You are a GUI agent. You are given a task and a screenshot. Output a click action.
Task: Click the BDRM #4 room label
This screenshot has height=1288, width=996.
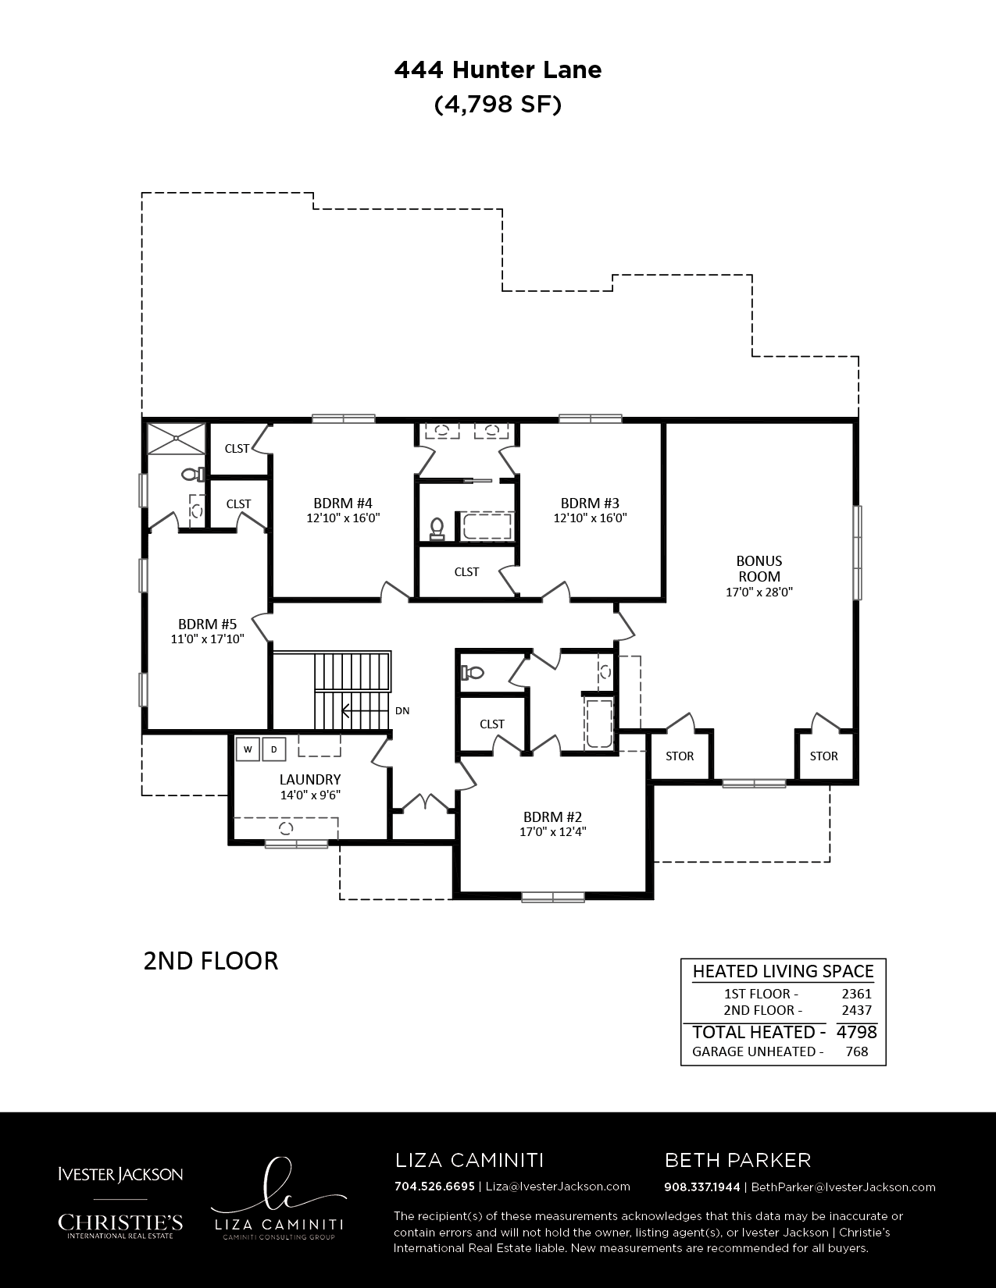[343, 503]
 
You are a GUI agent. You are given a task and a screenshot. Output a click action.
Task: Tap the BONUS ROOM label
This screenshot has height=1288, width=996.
[759, 568]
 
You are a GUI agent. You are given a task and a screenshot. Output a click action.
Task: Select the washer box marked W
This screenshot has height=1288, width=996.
[248, 749]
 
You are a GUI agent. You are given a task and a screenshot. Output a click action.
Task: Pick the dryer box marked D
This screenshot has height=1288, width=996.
[274, 749]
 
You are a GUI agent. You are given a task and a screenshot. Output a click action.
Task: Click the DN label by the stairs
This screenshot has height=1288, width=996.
[402, 710]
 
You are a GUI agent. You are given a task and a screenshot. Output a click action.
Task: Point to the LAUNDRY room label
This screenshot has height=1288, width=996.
[310, 780]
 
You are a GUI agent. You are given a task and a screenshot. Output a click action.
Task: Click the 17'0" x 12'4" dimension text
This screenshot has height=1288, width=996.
[553, 831]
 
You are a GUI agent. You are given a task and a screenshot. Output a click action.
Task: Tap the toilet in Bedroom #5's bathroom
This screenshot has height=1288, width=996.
[193, 474]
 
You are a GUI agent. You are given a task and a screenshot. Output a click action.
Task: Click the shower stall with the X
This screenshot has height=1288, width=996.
[177, 439]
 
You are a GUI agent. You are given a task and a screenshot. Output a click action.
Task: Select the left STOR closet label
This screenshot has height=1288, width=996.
[680, 756]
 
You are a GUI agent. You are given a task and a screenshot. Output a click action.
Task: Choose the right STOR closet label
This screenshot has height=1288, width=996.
[824, 756]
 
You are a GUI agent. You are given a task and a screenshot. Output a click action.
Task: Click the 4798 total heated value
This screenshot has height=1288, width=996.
[857, 1032]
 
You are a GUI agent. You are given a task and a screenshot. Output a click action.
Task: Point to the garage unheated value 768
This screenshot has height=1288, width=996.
[857, 1052]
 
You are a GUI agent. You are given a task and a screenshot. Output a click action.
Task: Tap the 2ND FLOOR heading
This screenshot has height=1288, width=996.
[211, 961]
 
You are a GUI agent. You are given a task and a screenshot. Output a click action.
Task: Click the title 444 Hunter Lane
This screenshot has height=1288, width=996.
[498, 70]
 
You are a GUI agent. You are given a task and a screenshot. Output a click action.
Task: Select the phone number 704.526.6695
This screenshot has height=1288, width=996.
[435, 1187]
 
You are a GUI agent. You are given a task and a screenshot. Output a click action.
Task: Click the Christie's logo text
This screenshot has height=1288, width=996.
[120, 1222]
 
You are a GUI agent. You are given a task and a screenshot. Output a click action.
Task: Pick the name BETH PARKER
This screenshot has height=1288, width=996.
[738, 1160]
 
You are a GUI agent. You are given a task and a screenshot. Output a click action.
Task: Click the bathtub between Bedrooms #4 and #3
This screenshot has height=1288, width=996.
[487, 526]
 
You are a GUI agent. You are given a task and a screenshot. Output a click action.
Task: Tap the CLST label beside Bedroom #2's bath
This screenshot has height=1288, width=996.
[492, 724]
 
